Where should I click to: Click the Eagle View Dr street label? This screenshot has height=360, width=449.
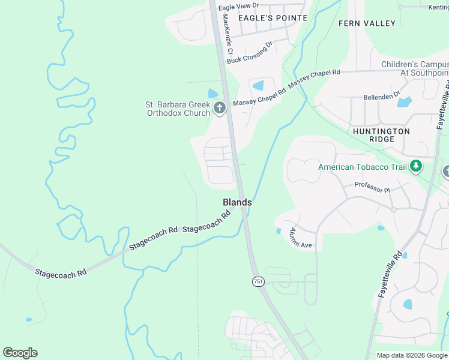point(238,6)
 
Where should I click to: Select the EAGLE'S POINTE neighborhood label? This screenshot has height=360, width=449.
point(273,18)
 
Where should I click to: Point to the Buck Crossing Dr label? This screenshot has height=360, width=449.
point(250,52)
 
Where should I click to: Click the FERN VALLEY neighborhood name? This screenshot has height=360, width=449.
point(367,23)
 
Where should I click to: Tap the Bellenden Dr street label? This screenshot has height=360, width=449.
point(382,96)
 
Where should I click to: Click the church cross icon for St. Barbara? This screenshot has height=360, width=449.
point(220,108)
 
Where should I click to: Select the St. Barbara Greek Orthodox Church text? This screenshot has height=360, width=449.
point(178,108)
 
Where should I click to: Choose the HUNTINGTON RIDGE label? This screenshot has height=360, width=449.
point(381,135)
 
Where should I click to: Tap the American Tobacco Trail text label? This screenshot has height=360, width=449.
point(363,167)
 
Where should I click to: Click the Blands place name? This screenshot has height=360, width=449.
point(237,203)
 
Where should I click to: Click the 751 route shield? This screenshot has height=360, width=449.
point(258,281)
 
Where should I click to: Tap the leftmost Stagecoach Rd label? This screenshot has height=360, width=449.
point(61,272)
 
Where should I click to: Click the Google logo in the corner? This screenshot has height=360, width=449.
point(20,353)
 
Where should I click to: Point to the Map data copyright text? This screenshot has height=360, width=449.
point(412,355)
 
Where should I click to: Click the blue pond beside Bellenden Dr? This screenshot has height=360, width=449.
point(405,102)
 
